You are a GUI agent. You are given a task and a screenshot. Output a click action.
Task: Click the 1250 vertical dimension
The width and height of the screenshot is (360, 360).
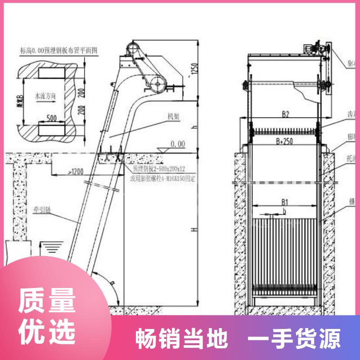(194, 69)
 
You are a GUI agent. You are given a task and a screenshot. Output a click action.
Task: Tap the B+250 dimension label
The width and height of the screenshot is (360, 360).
(285, 141)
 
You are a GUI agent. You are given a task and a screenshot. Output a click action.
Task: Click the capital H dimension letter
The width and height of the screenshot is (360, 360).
(194, 230)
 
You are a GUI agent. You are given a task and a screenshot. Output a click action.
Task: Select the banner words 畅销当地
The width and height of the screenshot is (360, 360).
(182, 338)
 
